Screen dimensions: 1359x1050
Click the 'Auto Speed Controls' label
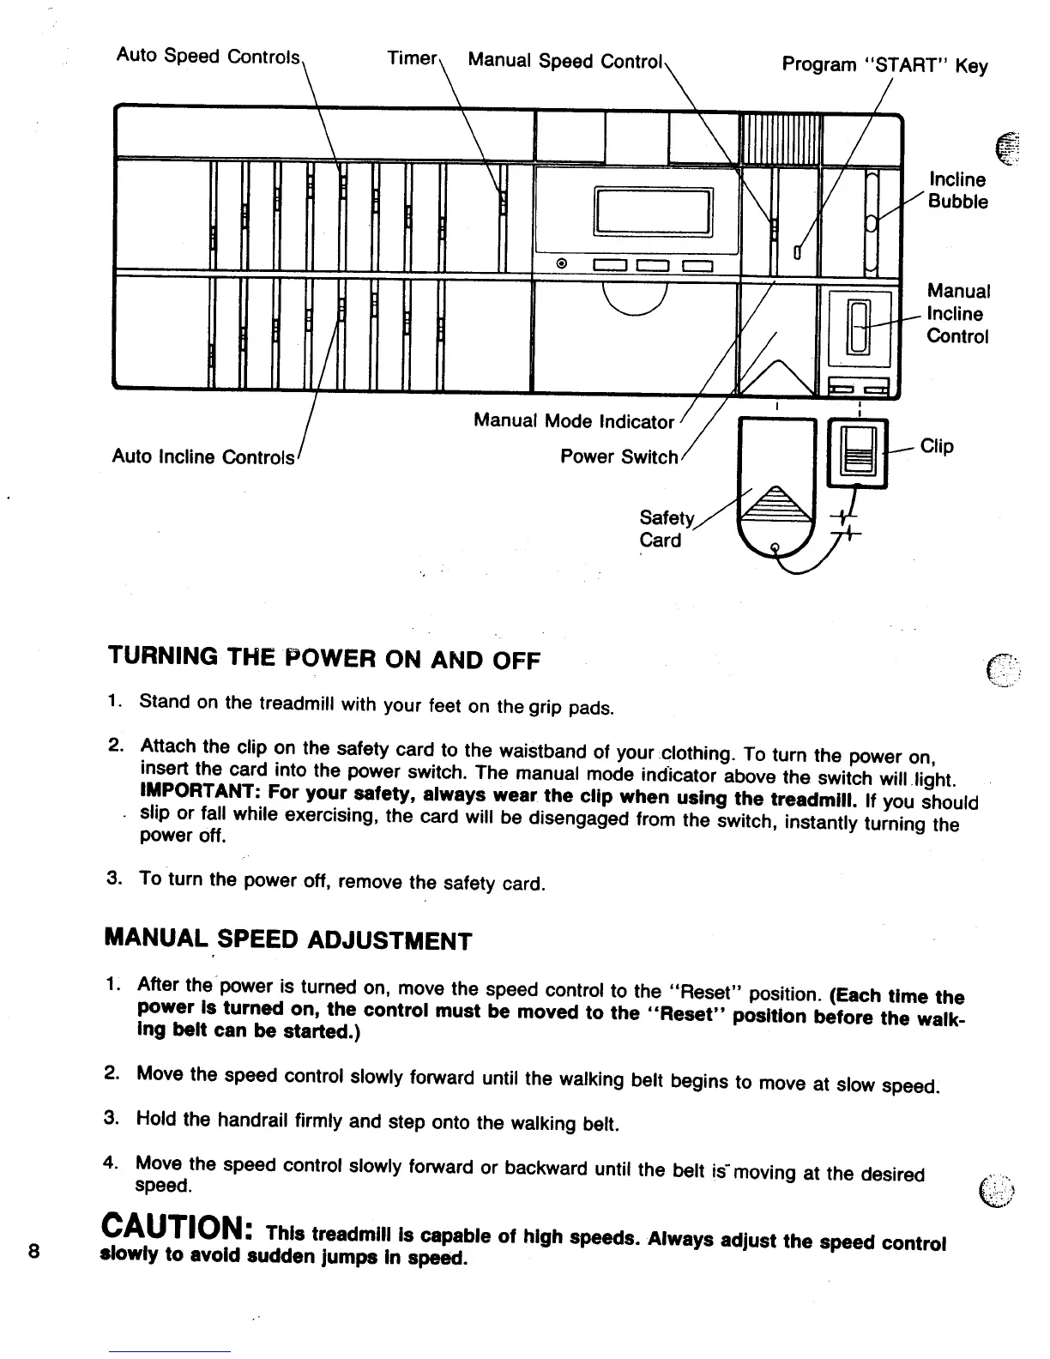(208, 57)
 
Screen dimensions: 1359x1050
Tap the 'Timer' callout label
(412, 57)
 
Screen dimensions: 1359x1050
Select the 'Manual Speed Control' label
(565, 61)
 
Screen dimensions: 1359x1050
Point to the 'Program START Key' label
(884, 65)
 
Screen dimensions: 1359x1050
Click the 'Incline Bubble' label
(958, 190)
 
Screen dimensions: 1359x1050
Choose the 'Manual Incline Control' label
(958, 313)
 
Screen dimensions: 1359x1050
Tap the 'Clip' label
(937, 446)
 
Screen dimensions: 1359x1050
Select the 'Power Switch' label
(619, 456)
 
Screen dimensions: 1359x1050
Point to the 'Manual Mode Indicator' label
(574, 421)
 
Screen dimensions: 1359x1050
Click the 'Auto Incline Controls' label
(203, 456)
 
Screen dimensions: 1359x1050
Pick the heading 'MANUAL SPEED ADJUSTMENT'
(287, 939)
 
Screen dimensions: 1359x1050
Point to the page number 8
(33, 1250)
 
